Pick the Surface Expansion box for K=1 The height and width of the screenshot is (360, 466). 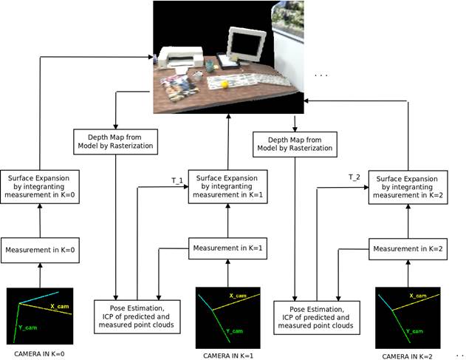(x=227, y=188)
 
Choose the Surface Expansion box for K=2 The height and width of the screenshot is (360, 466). (x=408, y=188)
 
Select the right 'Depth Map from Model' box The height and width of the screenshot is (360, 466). (x=295, y=143)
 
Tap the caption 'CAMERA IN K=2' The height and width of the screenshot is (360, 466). (x=408, y=356)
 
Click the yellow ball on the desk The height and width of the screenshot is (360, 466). (x=224, y=84)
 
